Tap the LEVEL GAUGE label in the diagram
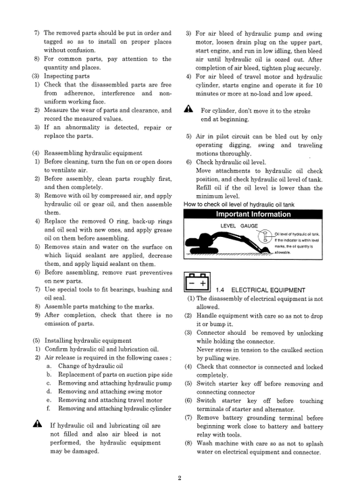[x=236, y=225]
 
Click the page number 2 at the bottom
[x=180, y=478]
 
